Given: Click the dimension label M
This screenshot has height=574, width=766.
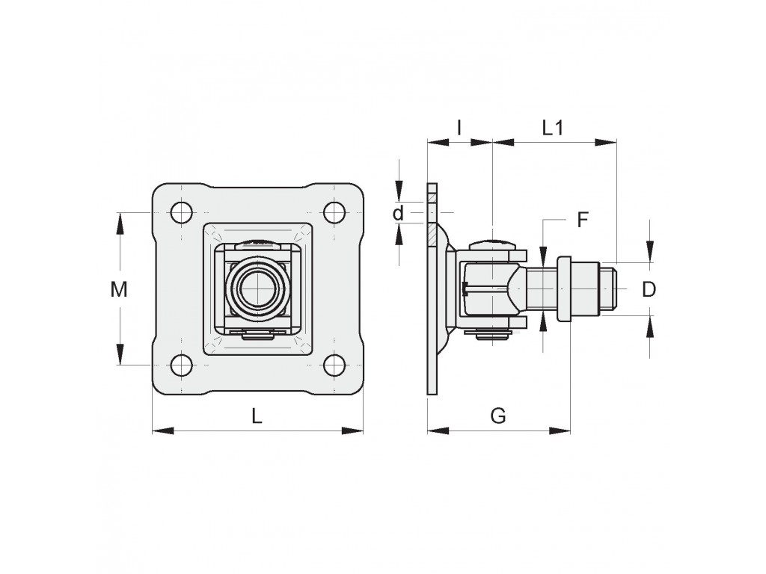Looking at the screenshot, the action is point(119,289).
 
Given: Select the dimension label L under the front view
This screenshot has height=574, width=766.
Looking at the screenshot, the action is point(257,416).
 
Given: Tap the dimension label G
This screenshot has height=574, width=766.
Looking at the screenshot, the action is point(497,416).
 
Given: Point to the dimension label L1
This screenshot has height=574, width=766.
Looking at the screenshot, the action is point(553,128).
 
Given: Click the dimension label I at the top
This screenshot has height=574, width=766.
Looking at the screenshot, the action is point(459,128).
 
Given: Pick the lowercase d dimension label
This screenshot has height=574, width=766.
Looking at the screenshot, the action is point(399,213).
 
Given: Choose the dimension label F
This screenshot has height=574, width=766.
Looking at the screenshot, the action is point(582,220).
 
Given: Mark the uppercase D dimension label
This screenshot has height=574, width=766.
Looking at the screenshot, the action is point(649,289).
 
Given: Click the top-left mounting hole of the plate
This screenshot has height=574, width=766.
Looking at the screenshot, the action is point(181,213).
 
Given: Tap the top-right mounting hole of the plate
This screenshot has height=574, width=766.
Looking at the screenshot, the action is point(334,213).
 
